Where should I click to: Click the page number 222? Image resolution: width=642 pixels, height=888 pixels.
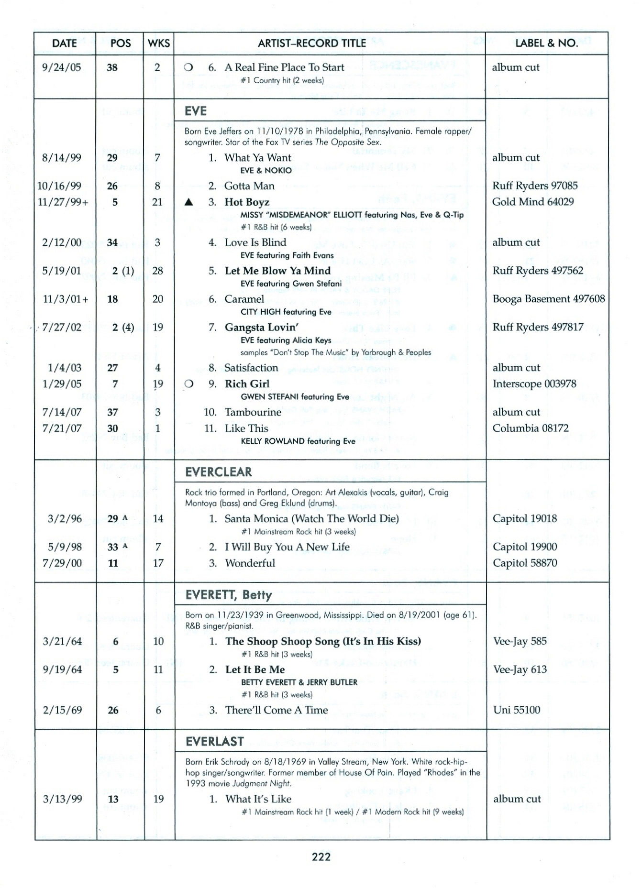click(x=321, y=856)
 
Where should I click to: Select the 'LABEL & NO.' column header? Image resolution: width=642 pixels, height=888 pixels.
click(x=546, y=43)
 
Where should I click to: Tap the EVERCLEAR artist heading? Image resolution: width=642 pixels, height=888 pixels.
click(x=219, y=472)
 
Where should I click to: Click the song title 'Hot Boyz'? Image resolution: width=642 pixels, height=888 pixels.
click(x=247, y=202)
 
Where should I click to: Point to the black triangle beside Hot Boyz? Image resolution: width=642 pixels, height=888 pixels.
click(x=189, y=202)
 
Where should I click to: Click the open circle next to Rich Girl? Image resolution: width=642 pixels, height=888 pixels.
click(x=189, y=384)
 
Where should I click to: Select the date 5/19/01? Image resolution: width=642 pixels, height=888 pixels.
click(x=62, y=271)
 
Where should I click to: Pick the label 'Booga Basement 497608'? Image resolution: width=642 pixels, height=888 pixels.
click(x=548, y=299)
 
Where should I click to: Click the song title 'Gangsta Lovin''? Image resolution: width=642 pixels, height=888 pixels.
click(x=262, y=328)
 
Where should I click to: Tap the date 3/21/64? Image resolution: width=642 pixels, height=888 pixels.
click(x=62, y=641)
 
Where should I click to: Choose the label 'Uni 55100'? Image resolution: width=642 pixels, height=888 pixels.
click(x=517, y=710)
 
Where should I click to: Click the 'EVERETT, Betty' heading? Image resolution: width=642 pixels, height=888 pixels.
click(x=229, y=595)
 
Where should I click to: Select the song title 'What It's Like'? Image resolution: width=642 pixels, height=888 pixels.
click(x=258, y=799)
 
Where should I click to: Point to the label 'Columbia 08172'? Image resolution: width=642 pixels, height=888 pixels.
click(x=531, y=428)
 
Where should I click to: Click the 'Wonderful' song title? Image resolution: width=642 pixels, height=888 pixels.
click(x=250, y=563)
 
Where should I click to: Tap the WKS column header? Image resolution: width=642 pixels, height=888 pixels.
click(x=159, y=43)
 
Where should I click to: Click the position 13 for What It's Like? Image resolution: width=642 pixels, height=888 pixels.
click(x=113, y=799)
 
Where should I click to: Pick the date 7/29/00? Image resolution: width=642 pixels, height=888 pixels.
click(x=62, y=563)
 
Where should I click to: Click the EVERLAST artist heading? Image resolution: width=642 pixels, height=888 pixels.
click(x=215, y=741)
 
